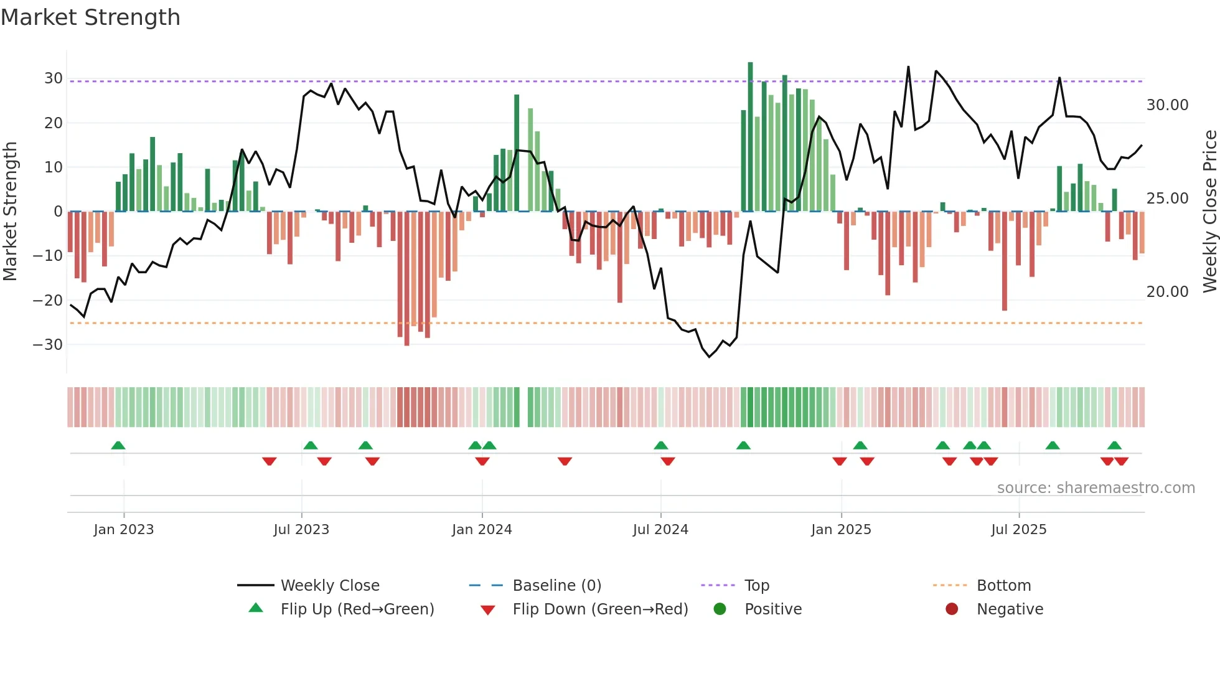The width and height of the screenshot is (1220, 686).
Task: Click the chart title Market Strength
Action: pos(90,17)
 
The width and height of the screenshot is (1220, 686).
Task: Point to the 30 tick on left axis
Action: pos(53,78)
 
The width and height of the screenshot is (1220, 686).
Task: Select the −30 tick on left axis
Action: pos(48,344)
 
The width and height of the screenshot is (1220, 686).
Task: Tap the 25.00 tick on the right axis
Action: pos(1167,199)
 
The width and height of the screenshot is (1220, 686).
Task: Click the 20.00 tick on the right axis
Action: pos(1167,292)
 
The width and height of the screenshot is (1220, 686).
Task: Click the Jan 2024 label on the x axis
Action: pos(482,530)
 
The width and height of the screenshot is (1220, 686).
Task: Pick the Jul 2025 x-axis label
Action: pos(1018,530)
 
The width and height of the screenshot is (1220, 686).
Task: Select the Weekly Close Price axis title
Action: pos(1209,212)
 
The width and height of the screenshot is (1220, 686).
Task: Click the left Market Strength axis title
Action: pos(11,212)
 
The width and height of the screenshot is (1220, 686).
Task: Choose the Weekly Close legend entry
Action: pos(329,586)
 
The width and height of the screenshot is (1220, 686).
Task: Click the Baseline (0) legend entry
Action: pos(556,586)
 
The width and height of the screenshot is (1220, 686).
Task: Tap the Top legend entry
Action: pos(756,586)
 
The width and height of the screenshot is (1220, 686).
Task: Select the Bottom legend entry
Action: pos(1003,586)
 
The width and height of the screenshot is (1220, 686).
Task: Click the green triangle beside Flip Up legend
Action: pos(256,608)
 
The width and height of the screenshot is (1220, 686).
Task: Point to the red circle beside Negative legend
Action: pos(952,609)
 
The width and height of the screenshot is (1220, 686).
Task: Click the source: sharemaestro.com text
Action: pos(1096,488)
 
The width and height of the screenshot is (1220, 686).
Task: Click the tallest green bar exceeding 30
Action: pos(750,137)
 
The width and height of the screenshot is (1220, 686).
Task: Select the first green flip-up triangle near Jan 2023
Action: pos(118,445)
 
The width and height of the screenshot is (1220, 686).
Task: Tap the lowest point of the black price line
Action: pos(709,357)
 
